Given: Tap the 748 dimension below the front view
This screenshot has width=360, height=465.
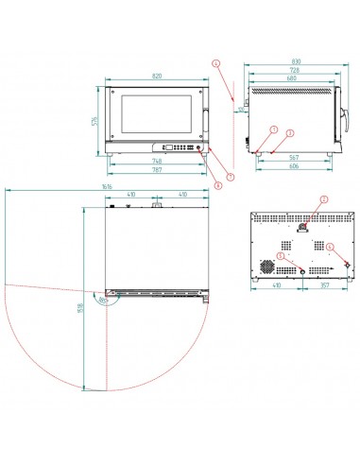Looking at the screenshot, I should click(x=155, y=161).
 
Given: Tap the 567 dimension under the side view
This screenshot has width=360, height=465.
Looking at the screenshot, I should click(x=294, y=158).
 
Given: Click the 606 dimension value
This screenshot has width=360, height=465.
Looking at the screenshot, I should click(x=294, y=167).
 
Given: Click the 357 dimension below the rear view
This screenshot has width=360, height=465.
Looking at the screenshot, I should click(x=324, y=284).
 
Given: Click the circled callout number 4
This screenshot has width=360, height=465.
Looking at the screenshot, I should click(x=215, y=63).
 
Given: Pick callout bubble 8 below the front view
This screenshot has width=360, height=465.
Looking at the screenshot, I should click(x=217, y=185).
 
